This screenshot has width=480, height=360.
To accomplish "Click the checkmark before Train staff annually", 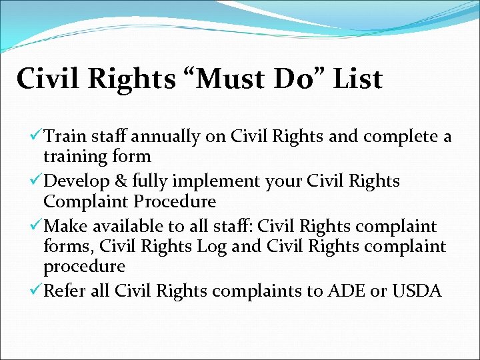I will click(37, 137).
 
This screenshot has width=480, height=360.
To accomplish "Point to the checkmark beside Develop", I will click(37, 181).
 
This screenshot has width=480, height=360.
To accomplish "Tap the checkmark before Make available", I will click(37, 227).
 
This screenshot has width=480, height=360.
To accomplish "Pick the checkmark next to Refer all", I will click(37, 291).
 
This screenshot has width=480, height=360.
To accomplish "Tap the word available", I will click(127, 227).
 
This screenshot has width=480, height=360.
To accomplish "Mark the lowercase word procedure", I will click(84, 267).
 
